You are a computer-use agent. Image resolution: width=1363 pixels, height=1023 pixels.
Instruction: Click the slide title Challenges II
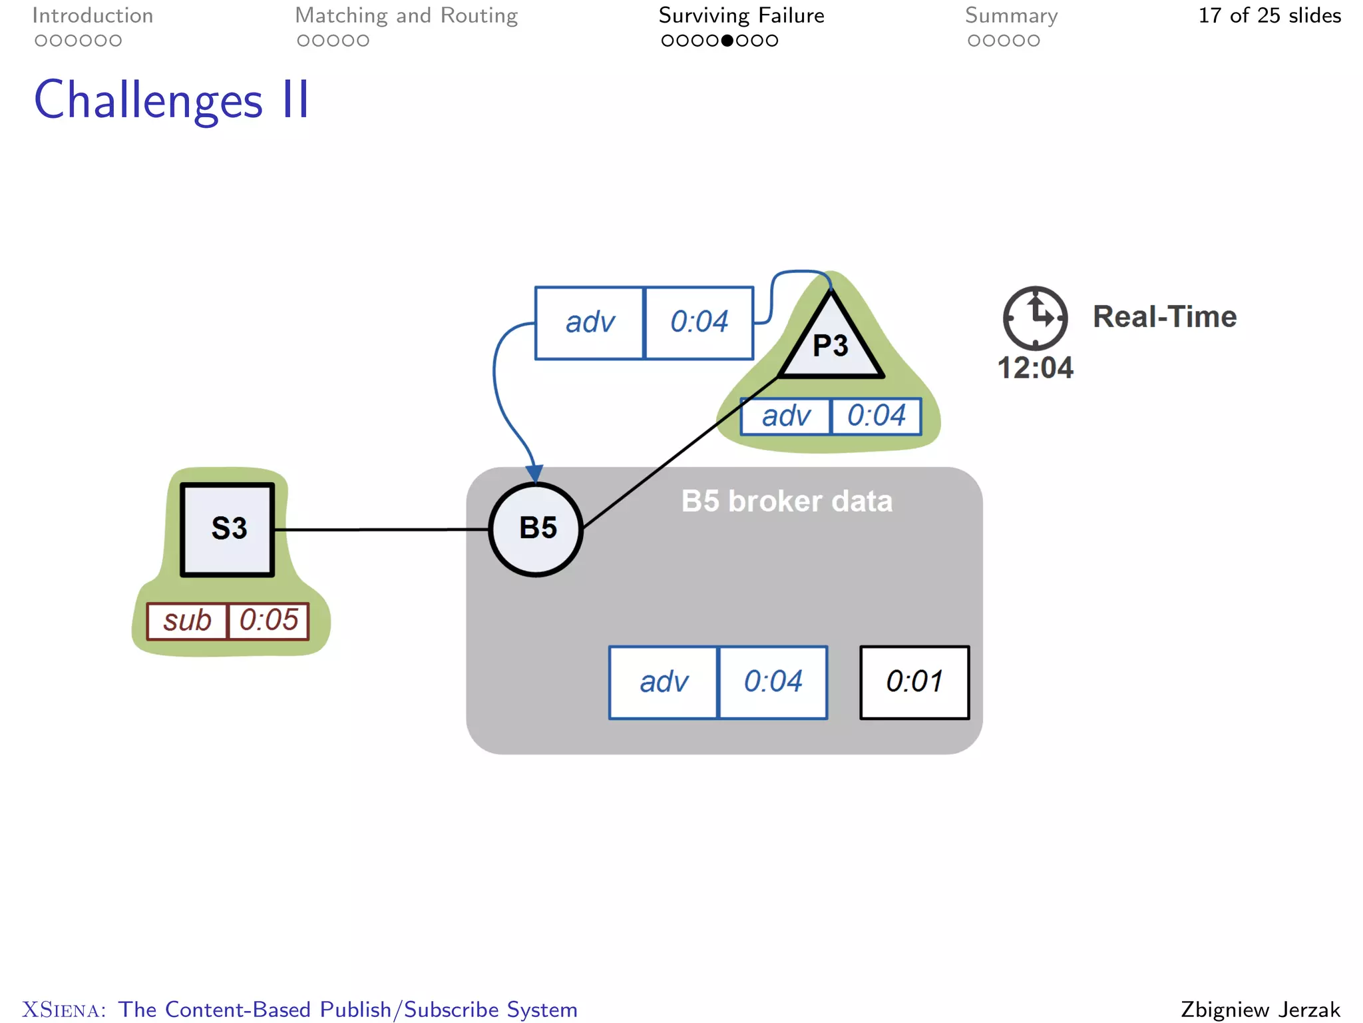[172, 100]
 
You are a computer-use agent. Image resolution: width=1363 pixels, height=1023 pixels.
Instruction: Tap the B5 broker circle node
[536, 529]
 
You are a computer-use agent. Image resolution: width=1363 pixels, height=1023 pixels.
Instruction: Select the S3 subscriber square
[228, 529]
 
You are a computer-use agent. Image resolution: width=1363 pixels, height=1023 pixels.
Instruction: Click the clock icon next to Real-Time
[1035, 318]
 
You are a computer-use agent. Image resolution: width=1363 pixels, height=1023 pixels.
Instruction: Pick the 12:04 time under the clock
[1035, 368]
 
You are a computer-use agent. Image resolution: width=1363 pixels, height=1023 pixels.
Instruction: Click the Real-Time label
[1165, 317]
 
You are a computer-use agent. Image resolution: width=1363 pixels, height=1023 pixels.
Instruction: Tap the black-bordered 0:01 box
[914, 682]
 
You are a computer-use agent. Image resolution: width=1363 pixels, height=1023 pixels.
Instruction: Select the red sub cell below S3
[187, 621]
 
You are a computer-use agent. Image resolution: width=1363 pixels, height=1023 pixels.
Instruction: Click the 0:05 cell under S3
[269, 621]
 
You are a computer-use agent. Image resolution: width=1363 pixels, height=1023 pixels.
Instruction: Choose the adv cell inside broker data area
[664, 682]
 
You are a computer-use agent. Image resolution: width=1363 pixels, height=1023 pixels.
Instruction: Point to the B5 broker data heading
[787, 501]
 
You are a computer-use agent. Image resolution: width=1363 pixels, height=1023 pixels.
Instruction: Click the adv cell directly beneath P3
[786, 416]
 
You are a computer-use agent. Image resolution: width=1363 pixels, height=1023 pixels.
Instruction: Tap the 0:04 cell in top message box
[699, 322]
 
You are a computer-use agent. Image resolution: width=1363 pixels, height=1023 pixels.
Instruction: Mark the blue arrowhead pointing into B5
[534, 474]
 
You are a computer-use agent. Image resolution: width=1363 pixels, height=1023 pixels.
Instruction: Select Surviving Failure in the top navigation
[741, 15]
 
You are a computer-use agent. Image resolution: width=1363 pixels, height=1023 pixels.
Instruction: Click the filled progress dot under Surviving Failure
[727, 41]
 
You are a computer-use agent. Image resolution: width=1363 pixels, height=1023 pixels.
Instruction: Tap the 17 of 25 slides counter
[1269, 15]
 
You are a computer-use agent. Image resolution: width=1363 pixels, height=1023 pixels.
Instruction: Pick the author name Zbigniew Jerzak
[1260, 1009]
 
